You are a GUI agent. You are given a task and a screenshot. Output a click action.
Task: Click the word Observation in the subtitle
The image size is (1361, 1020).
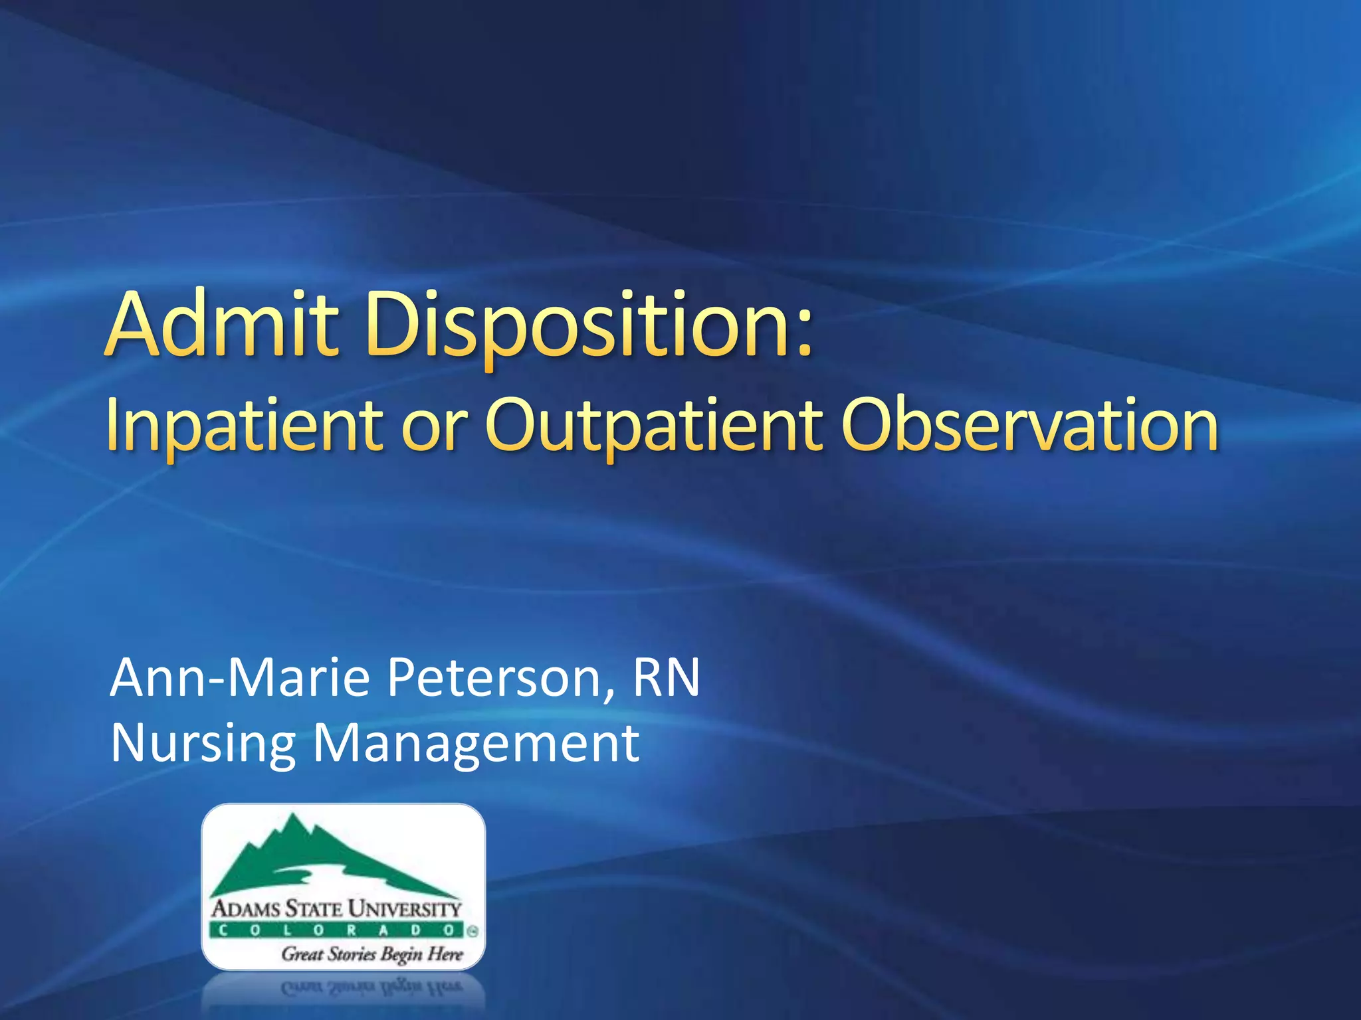point(1029,425)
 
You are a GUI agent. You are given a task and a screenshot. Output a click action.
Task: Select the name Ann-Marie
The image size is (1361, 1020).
point(240,677)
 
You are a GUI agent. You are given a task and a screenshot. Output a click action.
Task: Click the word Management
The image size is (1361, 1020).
point(476,744)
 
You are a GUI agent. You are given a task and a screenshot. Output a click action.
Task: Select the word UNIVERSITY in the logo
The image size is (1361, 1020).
point(405,908)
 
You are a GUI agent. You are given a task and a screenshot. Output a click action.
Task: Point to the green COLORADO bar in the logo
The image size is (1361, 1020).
point(336,930)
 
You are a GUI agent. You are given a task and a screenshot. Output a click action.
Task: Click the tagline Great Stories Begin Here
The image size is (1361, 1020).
point(371,954)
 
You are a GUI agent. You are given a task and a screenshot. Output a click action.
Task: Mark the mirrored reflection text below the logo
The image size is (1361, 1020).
point(371,987)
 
